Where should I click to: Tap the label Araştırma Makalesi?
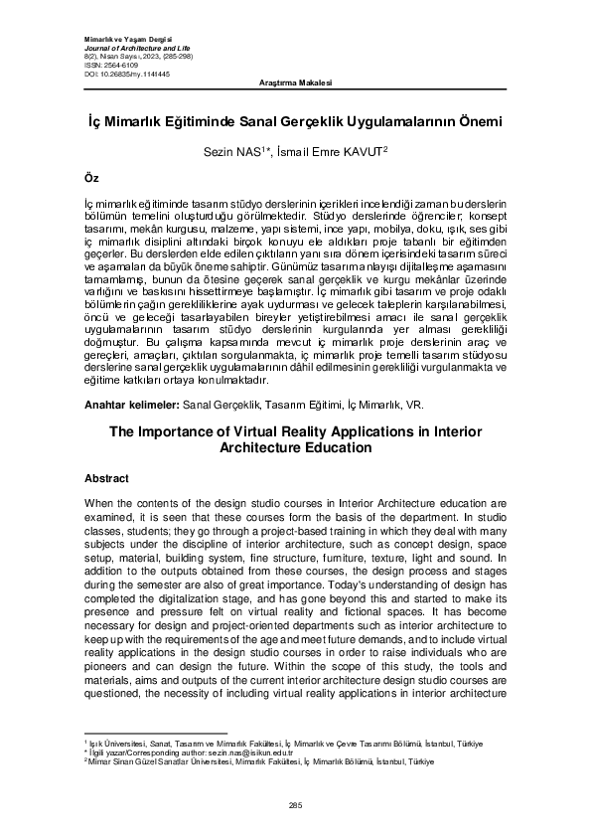(x=294, y=81)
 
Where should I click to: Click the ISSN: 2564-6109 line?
(x=104, y=65)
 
